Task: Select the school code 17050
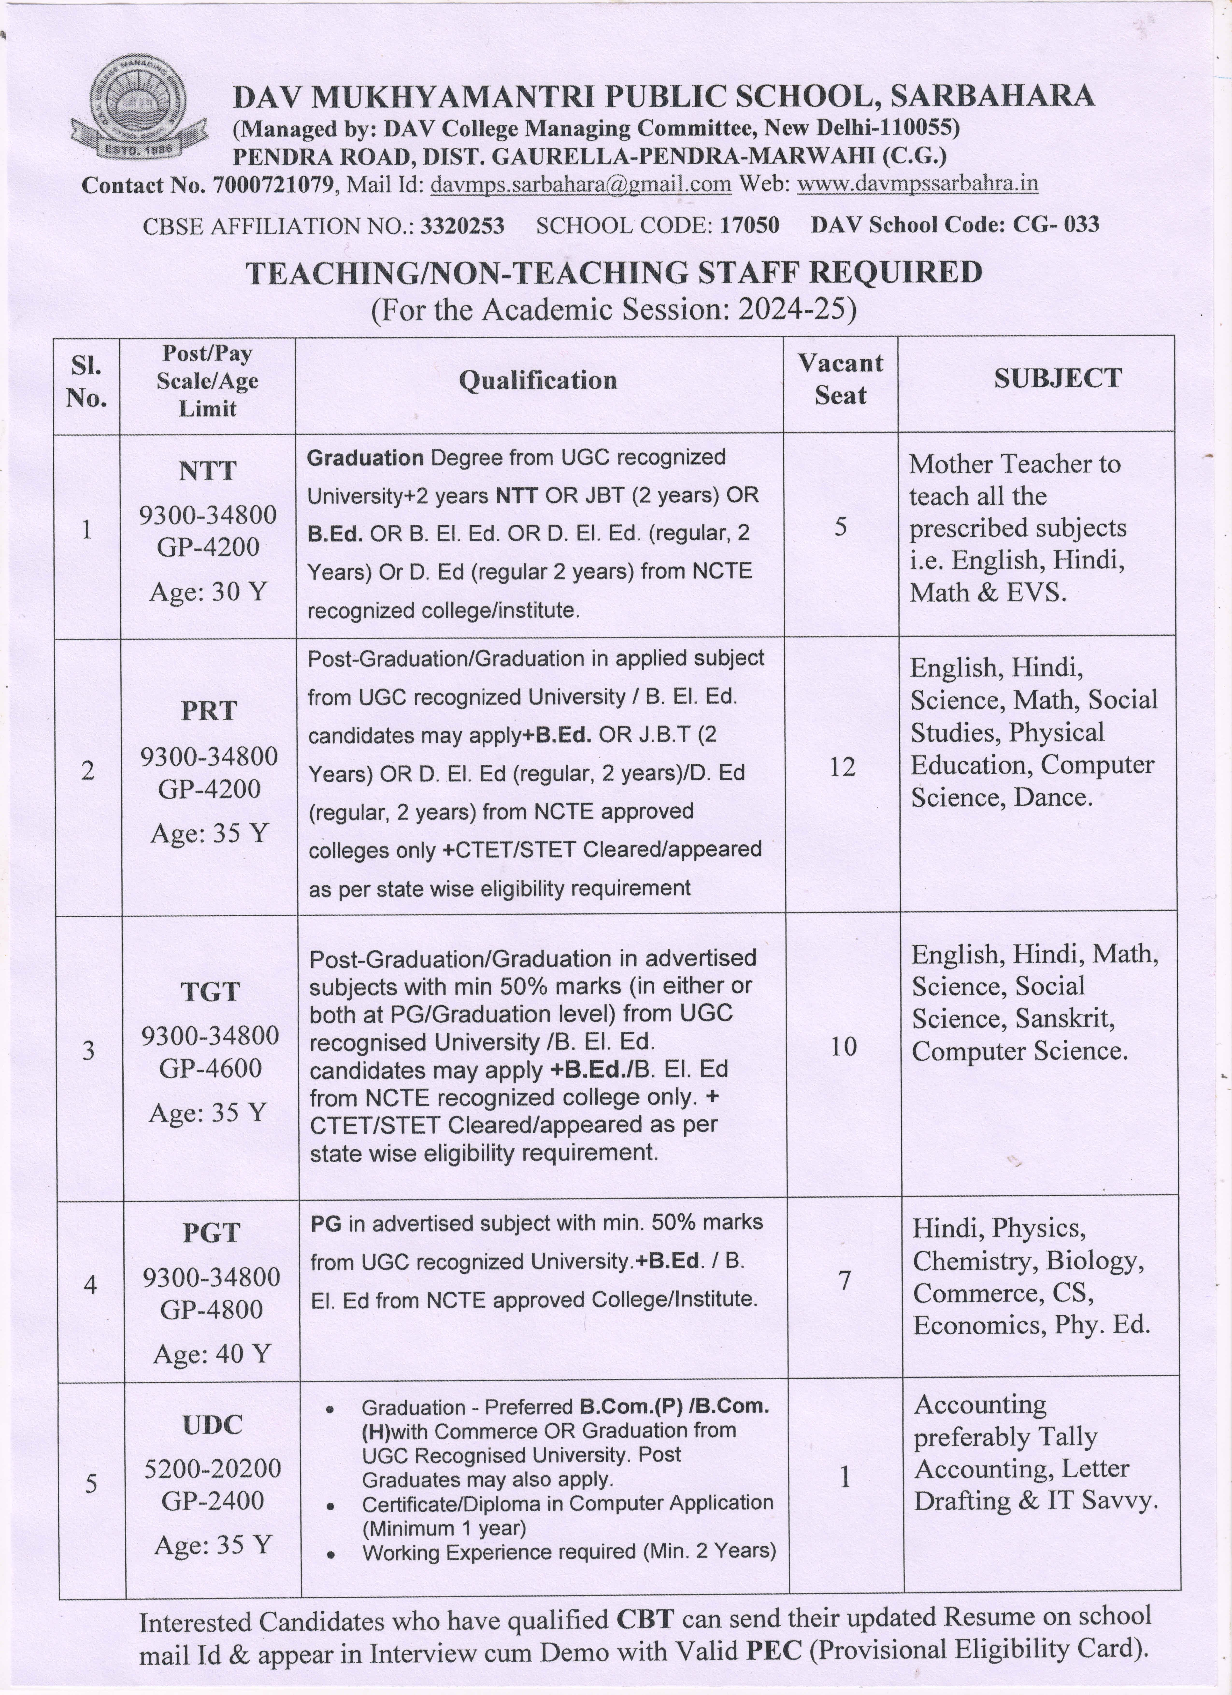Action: pyautogui.click(x=749, y=225)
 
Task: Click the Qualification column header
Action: pyautogui.click(x=538, y=380)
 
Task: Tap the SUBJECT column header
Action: pyautogui.click(x=1057, y=378)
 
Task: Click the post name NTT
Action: pyautogui.click(x=208, y=471)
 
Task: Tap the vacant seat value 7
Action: pyautogui.click(x=844, y=1281)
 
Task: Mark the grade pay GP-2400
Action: pyautogui.click(x=213, y=1501)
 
